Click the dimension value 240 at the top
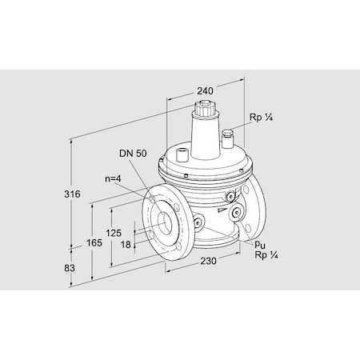(x=205, y=91)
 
